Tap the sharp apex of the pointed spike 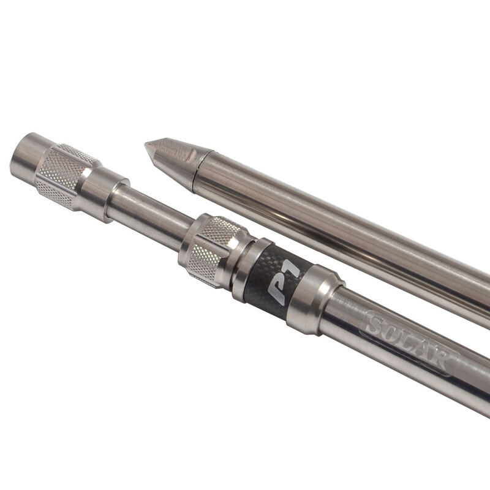coord(145,144)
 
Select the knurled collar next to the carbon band coord(213,250)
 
